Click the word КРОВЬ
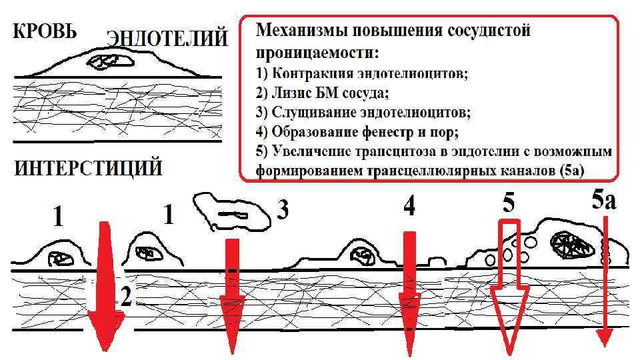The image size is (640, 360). pyautogui.click(x=45, y=31)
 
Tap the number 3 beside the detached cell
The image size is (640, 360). pyautogui.click(x=283, y=211)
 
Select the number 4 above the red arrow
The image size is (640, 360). pyautogui.click(x=409, y=207)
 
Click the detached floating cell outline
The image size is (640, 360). pyautogui.click(x=230, y=213)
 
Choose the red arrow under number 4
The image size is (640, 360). pyautogui.click(x=409, y=293)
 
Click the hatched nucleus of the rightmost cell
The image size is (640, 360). pyautogui.click(x=571, y=245)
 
